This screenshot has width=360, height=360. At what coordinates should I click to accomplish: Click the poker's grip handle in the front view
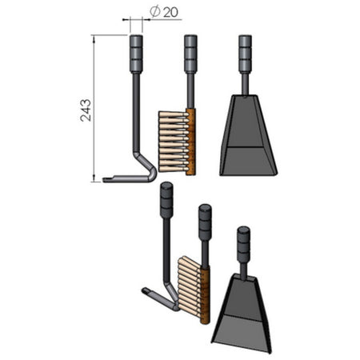tap(136, 54)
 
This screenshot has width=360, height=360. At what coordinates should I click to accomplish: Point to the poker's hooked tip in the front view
tap(108, 178)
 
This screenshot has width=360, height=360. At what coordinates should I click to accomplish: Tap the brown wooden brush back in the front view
tap(190, 141)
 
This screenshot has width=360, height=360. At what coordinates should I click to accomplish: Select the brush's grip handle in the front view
tap(190, 54)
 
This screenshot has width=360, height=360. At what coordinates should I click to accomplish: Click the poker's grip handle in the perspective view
tap(166, 200)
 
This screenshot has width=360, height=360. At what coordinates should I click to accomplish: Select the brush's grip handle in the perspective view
tap(204, 222)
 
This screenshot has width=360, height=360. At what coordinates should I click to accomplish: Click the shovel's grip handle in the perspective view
tap(243, 243)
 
